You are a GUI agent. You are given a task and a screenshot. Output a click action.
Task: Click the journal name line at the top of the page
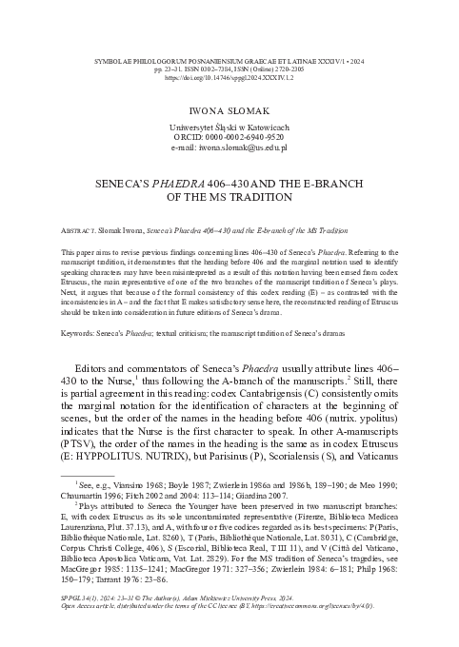(229, 32)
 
